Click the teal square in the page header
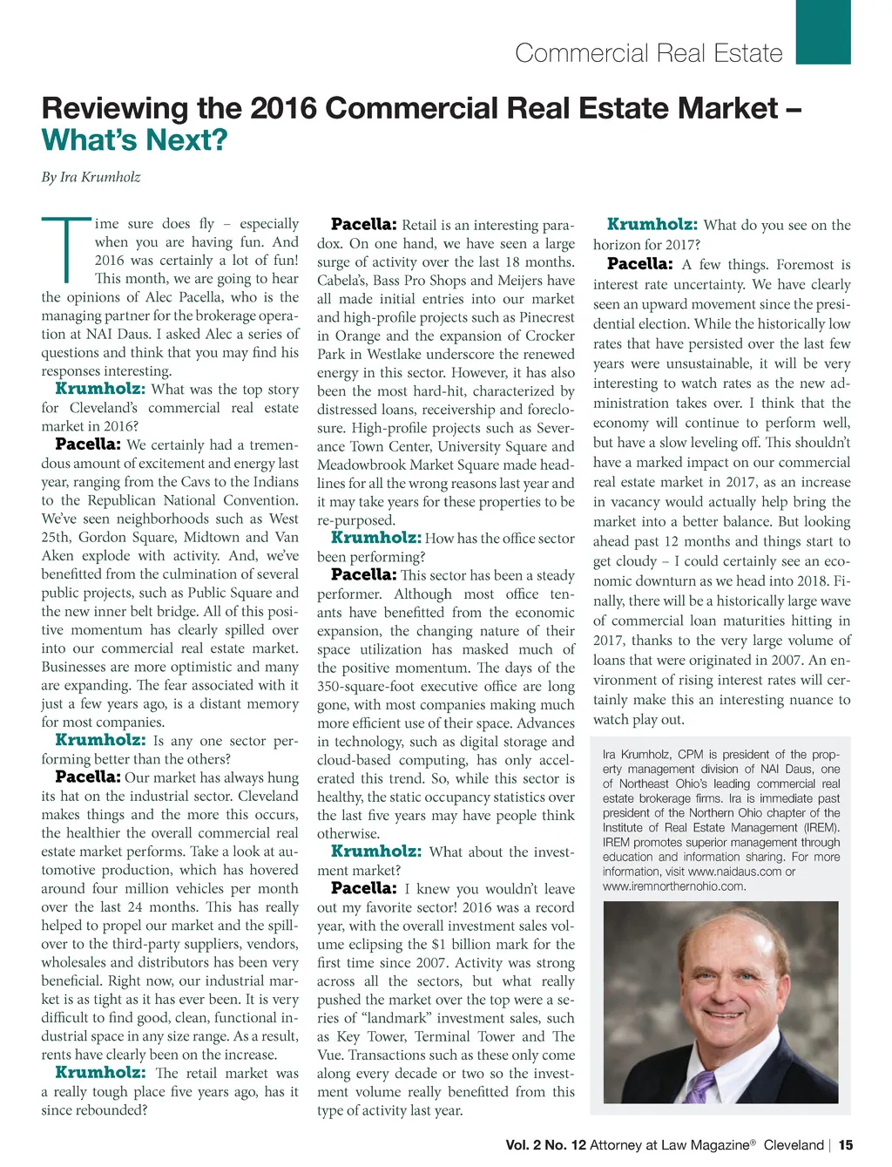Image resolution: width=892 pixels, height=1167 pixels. [x=823, y=32]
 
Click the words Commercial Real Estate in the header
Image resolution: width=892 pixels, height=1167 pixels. [x=648, y=53]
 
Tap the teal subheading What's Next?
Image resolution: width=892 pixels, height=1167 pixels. [x=134, y=140]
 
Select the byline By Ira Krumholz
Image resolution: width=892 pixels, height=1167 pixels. [x=91, y=177]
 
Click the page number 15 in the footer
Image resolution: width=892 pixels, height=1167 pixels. [x=846, y=1144]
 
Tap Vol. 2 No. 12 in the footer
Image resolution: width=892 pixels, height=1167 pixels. [x=545, y=1144]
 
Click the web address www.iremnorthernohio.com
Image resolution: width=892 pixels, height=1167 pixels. [x=674, y=886]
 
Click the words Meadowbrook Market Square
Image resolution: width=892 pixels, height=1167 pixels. [x=415, y=465]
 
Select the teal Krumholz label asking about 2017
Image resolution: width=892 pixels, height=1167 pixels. [x=652, y=225]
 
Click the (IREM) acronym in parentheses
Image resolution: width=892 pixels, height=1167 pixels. [x=821, y=828]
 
